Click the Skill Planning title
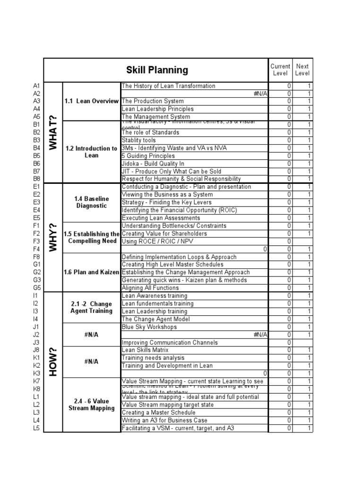click(157, 70)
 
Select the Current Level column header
click(280, 70)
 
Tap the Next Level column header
click(302, 70)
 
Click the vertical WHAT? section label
click(53, 132)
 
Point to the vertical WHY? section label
click(53, 237)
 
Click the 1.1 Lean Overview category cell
click(92, 101)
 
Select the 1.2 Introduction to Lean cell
click(92, 152)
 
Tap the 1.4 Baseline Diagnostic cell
click(92, 202)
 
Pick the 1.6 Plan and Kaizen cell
click(92, 272)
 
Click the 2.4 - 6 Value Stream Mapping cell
click(92, 405)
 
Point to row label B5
click(37, 156)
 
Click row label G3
click(37, 280)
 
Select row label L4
click(37, 420)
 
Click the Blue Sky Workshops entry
click(149, 327)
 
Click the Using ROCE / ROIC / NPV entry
click(154, 242)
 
